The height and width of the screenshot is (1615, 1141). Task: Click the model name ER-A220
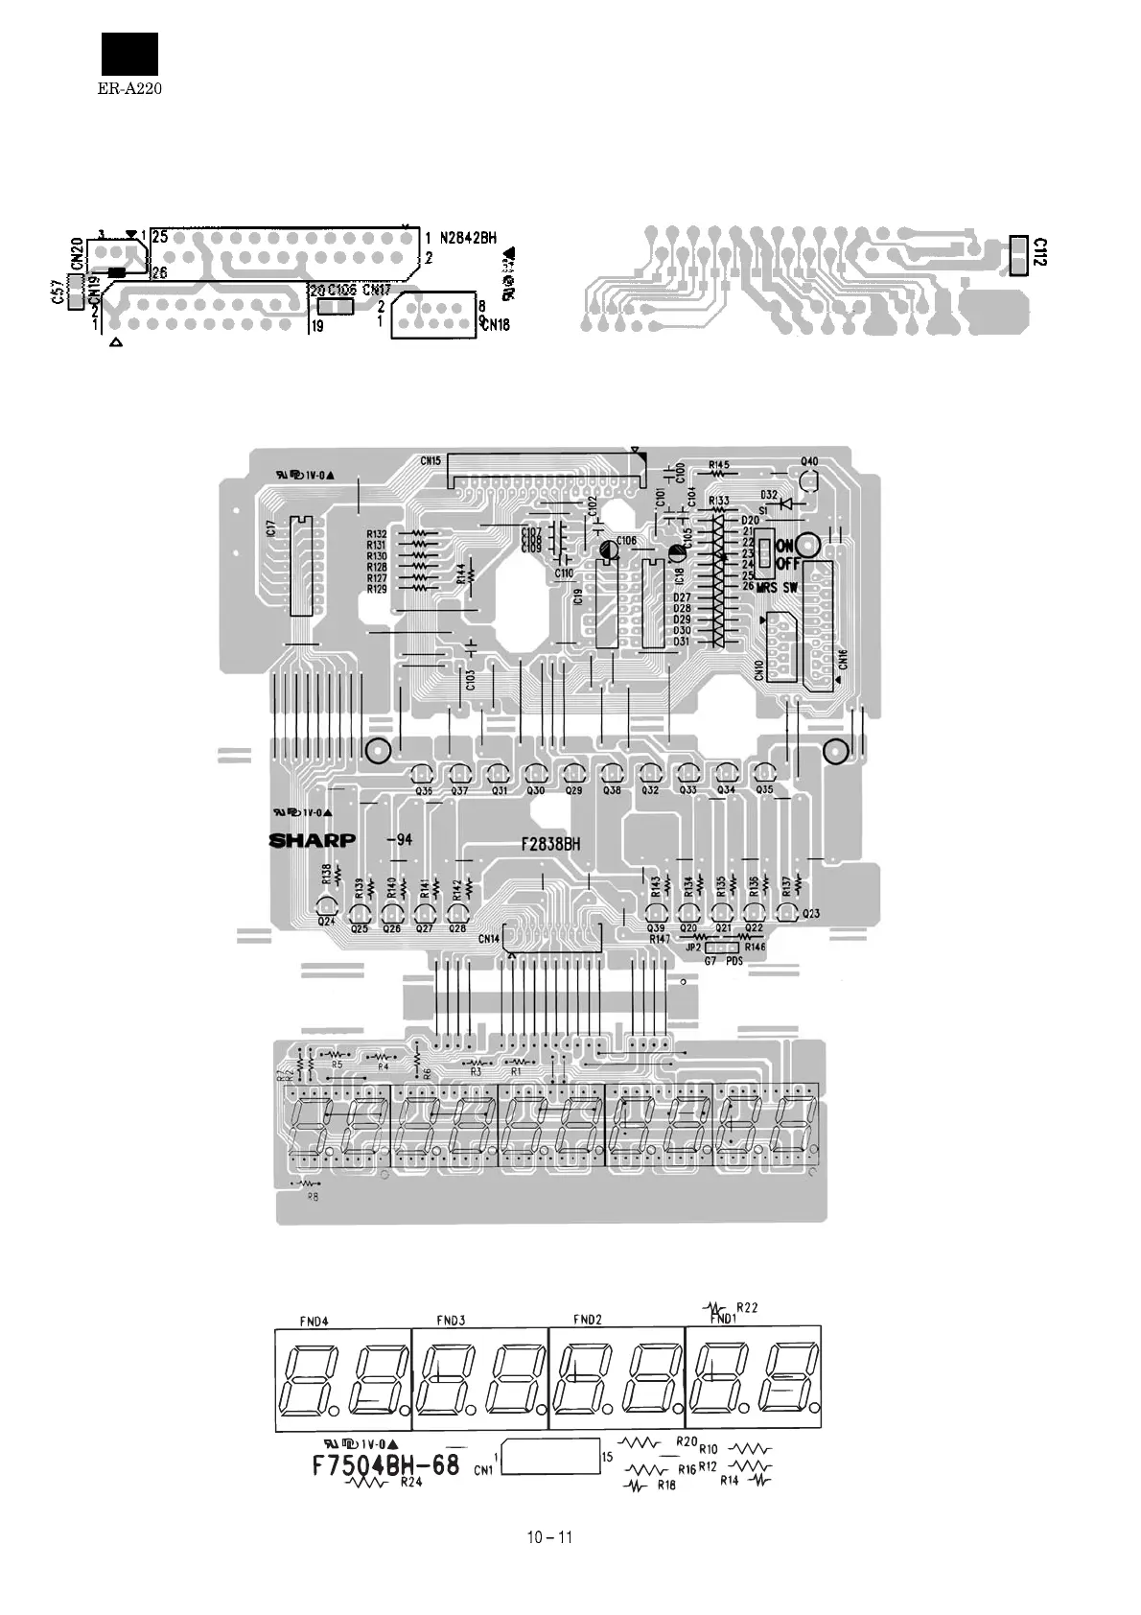[x=128, y=88]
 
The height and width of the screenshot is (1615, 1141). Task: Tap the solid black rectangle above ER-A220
[x=129, y=54]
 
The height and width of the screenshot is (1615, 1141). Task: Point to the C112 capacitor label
[x=1040, y=252]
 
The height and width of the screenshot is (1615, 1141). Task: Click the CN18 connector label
[x=496, y=325]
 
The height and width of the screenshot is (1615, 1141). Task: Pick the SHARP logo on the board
[x=313, y=841]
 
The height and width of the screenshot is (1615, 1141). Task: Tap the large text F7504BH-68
[x=386, y=1467]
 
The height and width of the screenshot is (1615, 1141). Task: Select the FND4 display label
[x=314, y=1321]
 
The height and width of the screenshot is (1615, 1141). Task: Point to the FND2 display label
[x=588, y=1320]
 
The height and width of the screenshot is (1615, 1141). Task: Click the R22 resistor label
[x=747, y=1307]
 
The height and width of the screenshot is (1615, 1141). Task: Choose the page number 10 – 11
[x=549, y=1537]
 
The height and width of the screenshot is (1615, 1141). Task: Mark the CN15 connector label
[x=430, y=460]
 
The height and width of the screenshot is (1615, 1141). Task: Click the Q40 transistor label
[x=809, y=461]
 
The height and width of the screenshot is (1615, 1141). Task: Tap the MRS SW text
[x=778, y=586]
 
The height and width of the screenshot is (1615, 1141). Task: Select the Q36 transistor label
[x=423, y=791]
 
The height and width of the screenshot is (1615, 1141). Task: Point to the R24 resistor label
[x=412, y=1484]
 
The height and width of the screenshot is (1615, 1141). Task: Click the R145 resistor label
[x=719, y=465]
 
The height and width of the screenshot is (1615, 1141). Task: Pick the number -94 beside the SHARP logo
[x=399, y=840]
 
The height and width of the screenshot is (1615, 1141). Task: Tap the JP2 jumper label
[x=693, y=947]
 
